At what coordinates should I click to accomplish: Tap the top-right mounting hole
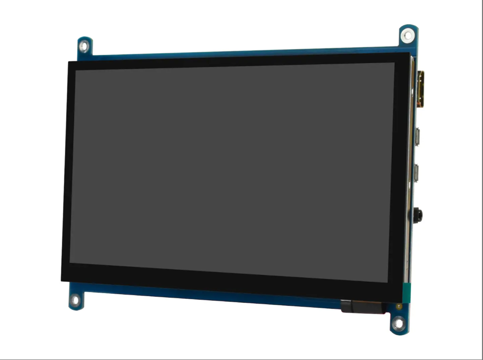[406, 35]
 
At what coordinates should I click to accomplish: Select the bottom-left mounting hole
[76, 301]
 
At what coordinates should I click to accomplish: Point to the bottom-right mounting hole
[398, 323]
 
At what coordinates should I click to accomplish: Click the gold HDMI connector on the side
[420, 90]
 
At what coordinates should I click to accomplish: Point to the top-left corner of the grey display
[76, 70]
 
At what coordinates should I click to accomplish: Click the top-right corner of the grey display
[394, 63]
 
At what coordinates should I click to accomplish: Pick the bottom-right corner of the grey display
[388, 282]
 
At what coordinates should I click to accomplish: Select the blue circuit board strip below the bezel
[203, 294]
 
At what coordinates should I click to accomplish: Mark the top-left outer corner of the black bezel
[68, 62]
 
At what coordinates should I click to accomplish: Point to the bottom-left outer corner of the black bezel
[61, 280]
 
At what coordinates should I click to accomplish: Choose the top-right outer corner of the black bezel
[410, 53]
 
